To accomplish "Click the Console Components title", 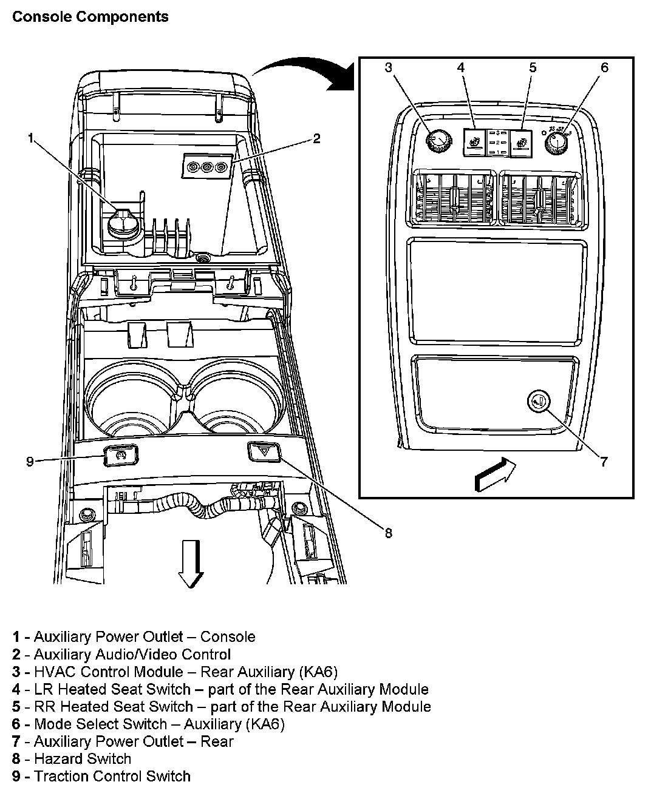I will tap(90, 16).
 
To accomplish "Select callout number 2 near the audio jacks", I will tap(316, 139).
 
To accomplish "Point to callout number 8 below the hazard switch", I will tap(388, 533).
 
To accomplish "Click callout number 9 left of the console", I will tap(30, 462).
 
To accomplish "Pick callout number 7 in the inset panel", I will tap(604, 462).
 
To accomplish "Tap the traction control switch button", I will tap(121, 455).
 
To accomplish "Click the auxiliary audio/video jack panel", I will tap(208, 166).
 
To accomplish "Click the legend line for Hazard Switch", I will tap(72, 758).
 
